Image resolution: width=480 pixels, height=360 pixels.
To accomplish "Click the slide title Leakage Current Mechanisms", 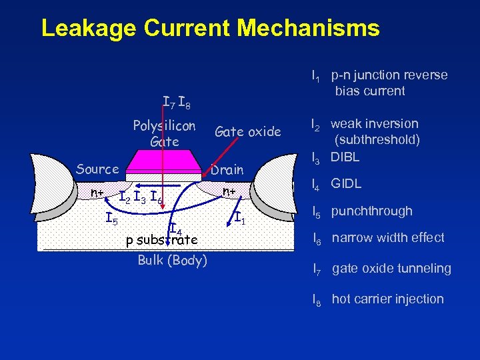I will click(x=210, y=28).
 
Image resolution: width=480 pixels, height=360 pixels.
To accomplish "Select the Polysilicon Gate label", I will click(x=164, y=133).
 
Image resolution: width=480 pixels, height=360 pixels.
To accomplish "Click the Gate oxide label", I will click(x=247, y=131).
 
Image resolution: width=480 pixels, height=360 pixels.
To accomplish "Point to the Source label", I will click(x=97, y=169).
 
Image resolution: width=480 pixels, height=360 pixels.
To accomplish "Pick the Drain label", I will click(x=227, y=170).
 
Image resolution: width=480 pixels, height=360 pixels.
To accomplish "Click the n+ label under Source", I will click(x=97, y=193).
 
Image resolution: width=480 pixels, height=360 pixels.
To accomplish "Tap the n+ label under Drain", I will click(x=229, y=192).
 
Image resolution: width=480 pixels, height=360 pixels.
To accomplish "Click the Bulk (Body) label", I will click(x=172, y=260).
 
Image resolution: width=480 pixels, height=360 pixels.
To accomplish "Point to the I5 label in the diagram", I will click(x=113, y=217).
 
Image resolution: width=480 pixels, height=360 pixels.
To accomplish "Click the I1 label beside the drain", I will click(x=241, y=217).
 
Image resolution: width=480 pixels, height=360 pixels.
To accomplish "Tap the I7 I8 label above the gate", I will click(x=177, y=103).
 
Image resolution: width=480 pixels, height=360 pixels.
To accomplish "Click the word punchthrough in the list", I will click(x=372, y=211).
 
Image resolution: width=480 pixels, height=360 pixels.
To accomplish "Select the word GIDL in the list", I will click(x=347, y=183).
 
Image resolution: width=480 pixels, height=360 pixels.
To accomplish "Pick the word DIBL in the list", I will click(x=345, y=157).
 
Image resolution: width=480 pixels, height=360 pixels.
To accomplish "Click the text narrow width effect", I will click(x=388, y=238).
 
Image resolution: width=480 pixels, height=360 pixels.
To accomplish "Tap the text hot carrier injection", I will click(x=387, y=299).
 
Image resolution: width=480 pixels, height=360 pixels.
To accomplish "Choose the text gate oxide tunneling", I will click(x=391, y=269).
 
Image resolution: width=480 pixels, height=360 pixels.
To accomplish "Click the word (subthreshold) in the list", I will click(x=377, y=140).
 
